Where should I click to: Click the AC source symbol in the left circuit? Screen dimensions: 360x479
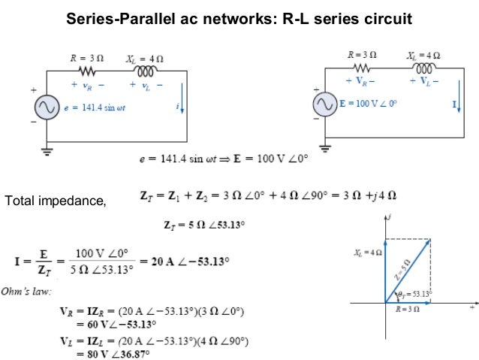click(46, 108)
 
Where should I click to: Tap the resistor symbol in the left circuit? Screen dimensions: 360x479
click(86, 71)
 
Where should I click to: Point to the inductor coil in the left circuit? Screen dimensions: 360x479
click(145, 71)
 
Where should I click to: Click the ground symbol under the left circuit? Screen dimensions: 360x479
click(46, 150)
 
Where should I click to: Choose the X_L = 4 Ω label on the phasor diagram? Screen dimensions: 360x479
click(369, 254)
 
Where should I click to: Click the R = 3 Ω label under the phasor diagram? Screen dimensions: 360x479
click(406, 310)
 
